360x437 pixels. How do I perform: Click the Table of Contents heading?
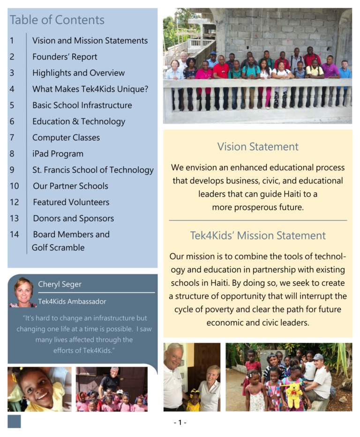coord(57,20)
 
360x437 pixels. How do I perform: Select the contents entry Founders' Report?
coord(65,57)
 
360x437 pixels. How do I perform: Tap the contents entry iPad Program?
coord(58,154)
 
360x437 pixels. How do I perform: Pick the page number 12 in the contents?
coord(14,202)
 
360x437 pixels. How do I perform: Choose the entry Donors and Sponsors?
coord(73,218)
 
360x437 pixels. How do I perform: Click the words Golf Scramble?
coord(58,247)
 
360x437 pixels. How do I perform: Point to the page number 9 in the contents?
coord(12,170)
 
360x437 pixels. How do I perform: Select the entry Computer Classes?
coord(66,138)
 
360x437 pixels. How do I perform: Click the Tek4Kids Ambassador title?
coord(72,302)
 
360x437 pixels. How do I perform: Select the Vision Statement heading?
coord(258,147)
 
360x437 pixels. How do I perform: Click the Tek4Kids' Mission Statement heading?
coord(258,235)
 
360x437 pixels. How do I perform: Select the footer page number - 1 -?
coord(180,422)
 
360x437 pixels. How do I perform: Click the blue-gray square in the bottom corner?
coord(14,421)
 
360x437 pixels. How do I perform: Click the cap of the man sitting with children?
coord(319,357)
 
